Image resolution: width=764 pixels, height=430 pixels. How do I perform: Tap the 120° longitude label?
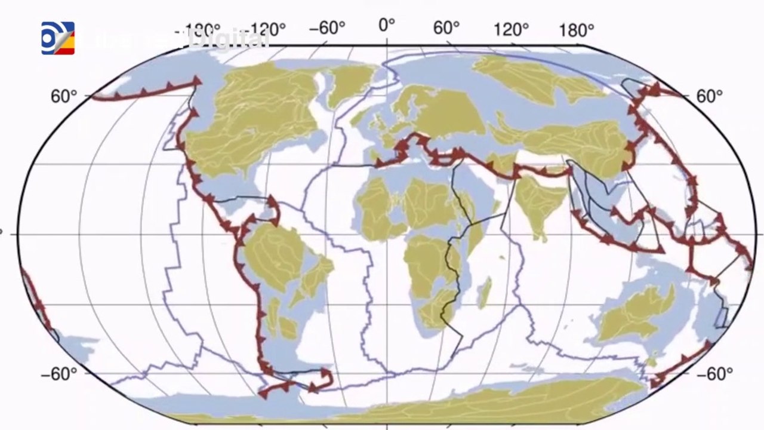tap(511, 29)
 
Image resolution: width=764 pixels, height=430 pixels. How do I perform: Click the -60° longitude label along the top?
tap(327, 28)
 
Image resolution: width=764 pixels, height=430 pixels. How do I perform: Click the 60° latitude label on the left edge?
tap(64, 96)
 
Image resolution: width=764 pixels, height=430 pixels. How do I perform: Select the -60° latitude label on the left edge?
tap(59, 374)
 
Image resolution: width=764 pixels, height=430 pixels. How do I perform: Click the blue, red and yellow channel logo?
tap(58, 38)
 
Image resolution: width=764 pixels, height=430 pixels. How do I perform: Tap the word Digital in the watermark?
tap(227, 39)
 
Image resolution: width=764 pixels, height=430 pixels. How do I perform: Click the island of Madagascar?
tap(485, 293)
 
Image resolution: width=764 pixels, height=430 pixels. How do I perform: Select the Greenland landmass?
tap(350, 84)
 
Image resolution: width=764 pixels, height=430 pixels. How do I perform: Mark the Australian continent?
tap(636, 314)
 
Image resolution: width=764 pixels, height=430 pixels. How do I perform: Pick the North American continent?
tap(251, 119)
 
